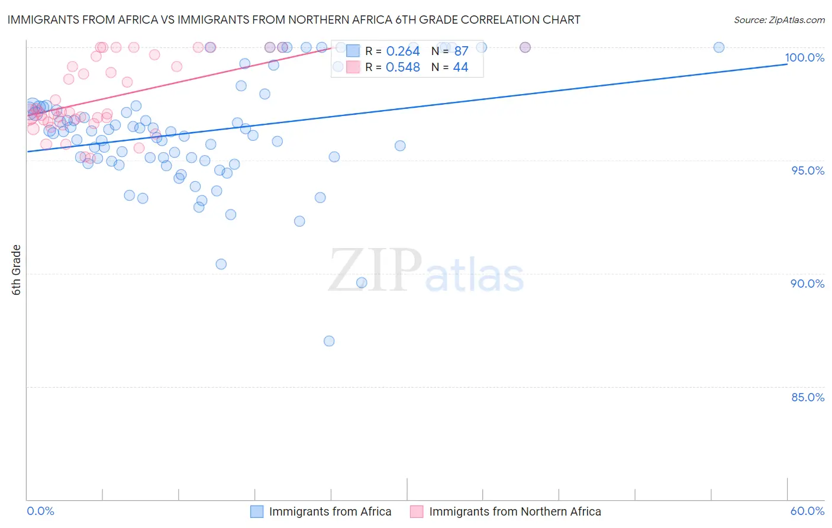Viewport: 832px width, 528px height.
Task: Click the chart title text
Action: (294, 20)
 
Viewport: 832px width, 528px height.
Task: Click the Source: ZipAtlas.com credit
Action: (779, 20)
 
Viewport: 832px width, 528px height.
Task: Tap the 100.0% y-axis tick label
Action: (804, 57)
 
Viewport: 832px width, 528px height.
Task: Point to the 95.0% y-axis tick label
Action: (807, 170)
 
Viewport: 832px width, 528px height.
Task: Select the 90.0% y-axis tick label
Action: (807, 284)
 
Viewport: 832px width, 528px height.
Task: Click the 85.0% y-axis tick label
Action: (807, 397)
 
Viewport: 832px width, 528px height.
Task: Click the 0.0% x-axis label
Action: (40, 511)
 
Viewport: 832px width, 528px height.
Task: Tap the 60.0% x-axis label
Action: (807, 511)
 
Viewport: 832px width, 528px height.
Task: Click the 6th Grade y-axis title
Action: (17, 269)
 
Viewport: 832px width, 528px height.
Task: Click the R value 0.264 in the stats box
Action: (403, 51)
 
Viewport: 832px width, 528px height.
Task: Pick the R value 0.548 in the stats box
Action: (403, 67)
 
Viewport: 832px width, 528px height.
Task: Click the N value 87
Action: (461, 51)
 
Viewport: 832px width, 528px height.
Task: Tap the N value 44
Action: (460, 67)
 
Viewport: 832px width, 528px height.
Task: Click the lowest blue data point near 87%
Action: (329, 341)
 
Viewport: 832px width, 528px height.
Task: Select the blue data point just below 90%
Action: (362, 283)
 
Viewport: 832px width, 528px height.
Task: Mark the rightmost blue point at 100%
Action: (719, 47)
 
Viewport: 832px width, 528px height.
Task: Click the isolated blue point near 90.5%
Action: (221, 264)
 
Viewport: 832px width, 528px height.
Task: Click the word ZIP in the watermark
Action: (375, 271)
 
